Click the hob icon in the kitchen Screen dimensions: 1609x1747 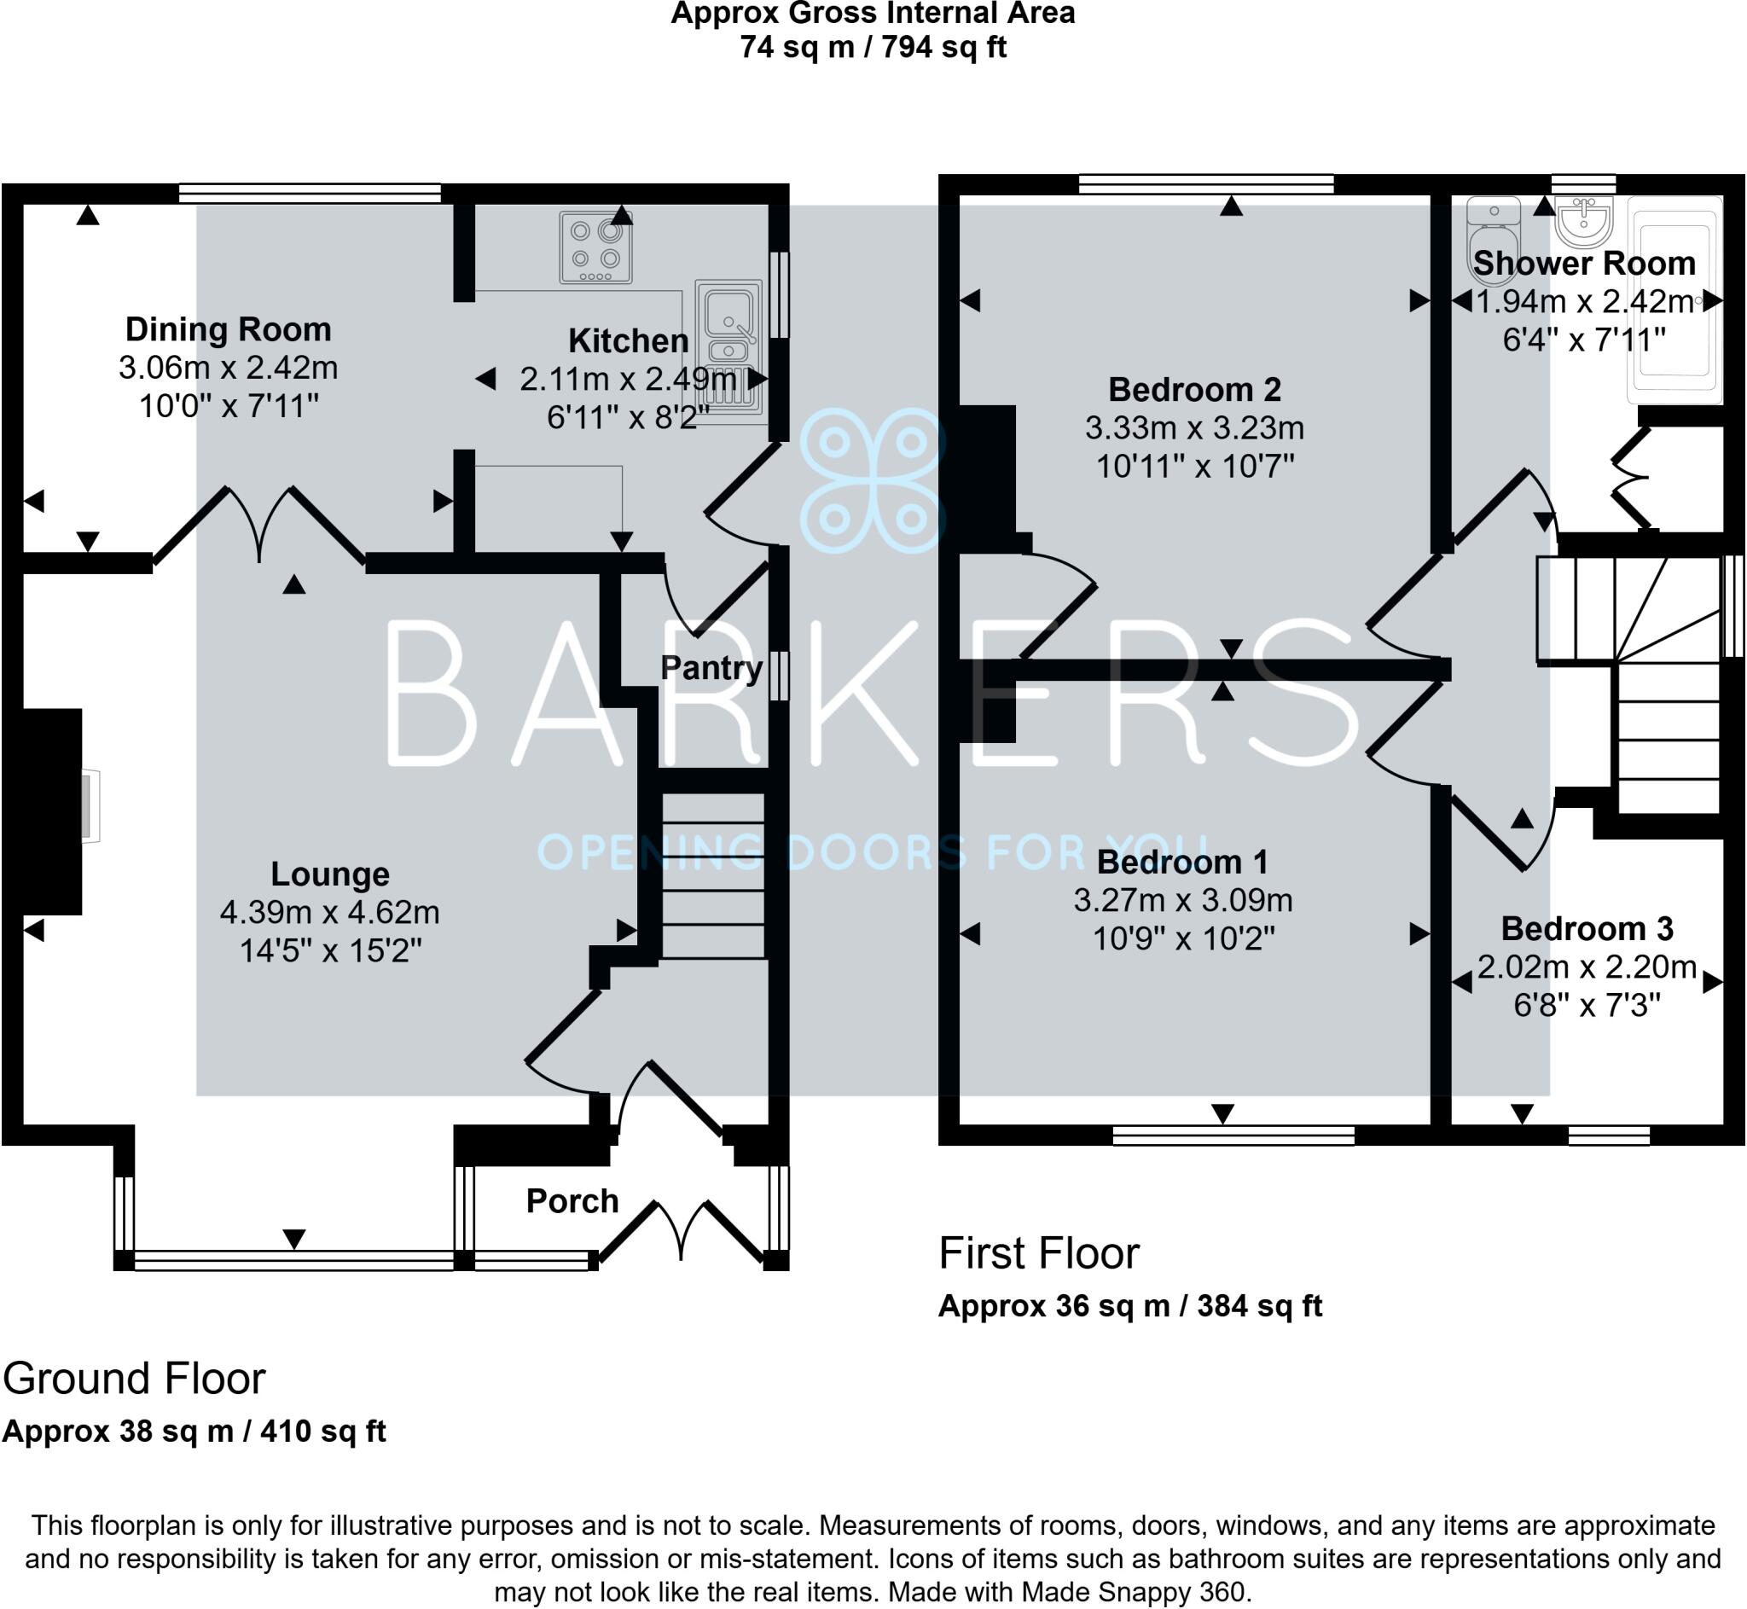(595, 248)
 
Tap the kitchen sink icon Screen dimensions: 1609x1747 (729, 346)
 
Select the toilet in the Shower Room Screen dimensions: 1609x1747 (1493, 240)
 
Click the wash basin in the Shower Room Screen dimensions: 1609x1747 (1583, 222)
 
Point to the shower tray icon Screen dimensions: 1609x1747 (1674, 300)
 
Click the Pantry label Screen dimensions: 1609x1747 (711, 668)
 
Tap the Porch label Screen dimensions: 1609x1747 (572, 1200)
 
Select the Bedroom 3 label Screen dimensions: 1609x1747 (1586, 928)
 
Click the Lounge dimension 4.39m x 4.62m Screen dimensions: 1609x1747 (329, 912)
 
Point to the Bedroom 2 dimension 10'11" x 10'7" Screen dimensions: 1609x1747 (1194, 467)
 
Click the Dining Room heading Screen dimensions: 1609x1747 (228, 329)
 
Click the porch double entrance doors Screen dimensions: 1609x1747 (682, 1230)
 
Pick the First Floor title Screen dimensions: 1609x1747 (1037, 1254)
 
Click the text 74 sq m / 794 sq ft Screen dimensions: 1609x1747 (872, 46)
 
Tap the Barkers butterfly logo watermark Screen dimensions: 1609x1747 (872, 480)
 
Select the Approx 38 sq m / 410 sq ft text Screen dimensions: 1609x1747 (194, 1431)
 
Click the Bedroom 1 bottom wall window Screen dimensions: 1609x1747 (1233, 1135)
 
